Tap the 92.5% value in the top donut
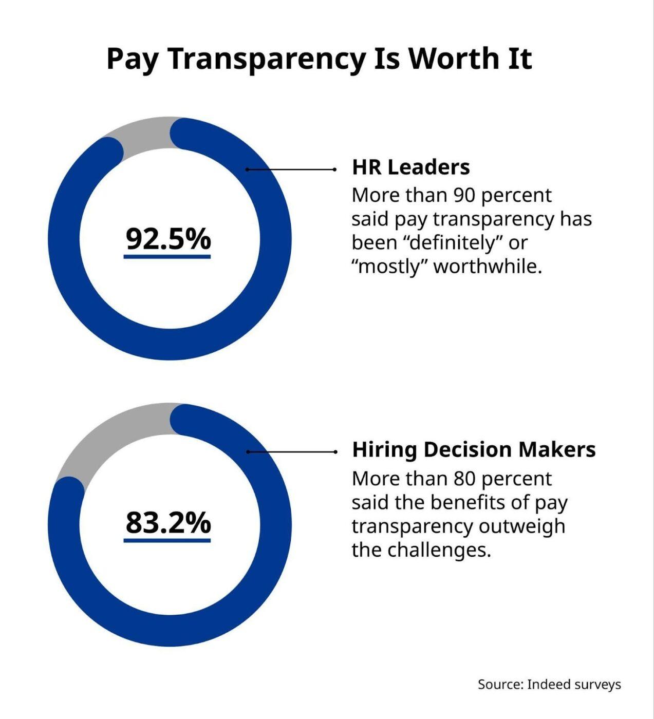click(x=168, y=238)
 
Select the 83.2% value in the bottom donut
click(x=168, y=522)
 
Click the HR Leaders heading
click(x=410, y=167)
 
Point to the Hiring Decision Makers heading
click(x=474, y=449)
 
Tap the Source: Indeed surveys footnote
click(x=549, y=684)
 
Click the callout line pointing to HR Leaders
click(x=291, y=169)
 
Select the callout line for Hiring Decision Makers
click(x=291, y=452)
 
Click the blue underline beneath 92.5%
click(x=167, y=256)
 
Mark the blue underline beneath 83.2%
click(x=167, y=540)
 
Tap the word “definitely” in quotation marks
click(x=451, y=242)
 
